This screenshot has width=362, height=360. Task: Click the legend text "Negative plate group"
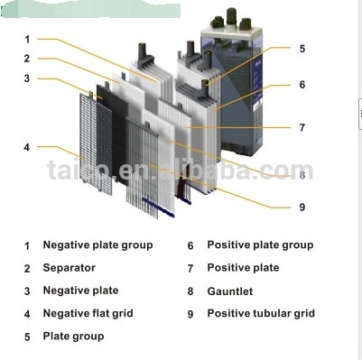[97, 245]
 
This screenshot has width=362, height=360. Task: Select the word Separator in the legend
[69, 268]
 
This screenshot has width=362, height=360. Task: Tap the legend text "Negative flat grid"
[88, 313]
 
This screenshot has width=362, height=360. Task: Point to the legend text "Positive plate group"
[260, 245]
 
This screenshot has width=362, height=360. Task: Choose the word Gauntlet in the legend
[230, 291]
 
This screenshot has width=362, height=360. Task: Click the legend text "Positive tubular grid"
[261, 313]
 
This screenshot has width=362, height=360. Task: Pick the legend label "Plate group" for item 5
[73, 336]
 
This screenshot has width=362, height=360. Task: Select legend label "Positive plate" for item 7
[243, 268]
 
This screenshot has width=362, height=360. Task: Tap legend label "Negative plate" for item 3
[80, 291]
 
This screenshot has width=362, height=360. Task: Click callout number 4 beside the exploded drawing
[27, 147]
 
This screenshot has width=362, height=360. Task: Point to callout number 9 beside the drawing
[302, 207]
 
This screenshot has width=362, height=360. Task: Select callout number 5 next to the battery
[302, 49]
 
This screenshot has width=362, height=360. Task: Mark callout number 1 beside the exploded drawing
[27, 39]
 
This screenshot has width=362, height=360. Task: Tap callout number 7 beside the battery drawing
[302, 127]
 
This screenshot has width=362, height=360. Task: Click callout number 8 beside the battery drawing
[302, 173]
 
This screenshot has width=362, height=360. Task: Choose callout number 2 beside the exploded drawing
[27, 59]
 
